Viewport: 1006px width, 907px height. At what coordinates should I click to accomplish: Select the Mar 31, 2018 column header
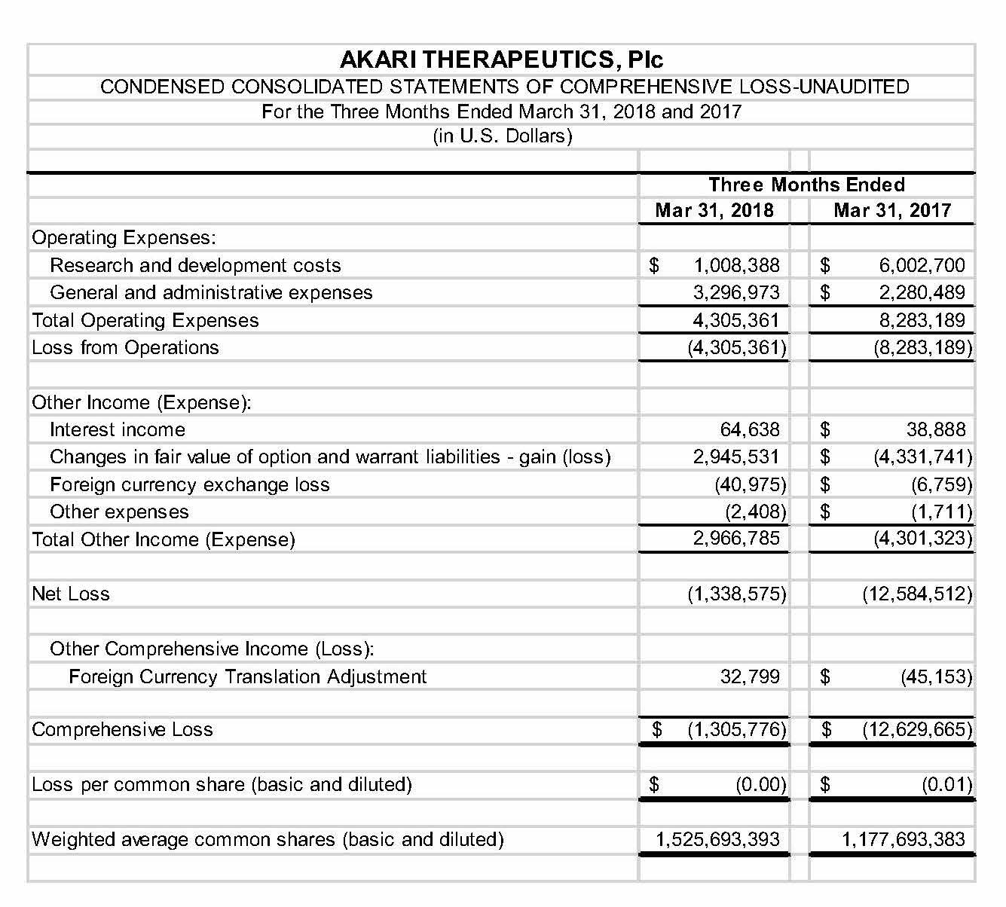(x=714, y=210)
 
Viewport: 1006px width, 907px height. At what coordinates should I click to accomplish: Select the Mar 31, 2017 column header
(x=892, y=210)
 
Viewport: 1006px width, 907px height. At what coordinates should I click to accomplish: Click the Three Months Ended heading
(x=806, y=185)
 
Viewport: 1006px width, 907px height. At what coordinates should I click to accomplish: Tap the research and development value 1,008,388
(x=736, y=265)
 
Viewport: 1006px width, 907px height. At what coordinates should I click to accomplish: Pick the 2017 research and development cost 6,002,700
(x=922, y=265)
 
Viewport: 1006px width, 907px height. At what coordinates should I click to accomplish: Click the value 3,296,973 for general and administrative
(x=736, y=292)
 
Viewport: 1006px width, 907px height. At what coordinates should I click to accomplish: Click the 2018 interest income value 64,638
(x=750, y=430)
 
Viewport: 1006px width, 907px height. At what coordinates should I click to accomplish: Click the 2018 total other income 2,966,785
(x=736, y=539)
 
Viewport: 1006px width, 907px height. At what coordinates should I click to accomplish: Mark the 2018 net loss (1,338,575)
(x=736, y=594)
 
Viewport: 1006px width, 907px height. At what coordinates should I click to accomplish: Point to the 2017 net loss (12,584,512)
(x=917, y=594)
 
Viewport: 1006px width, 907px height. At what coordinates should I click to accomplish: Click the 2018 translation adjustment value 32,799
(x=750, y=676)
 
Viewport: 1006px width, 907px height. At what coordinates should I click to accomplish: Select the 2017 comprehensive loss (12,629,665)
(x=917, y=729)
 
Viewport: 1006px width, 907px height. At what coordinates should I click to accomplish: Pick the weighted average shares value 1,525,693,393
(x=717, y=839)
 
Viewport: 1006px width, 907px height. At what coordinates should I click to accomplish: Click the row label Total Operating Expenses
(x=145, y=320)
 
